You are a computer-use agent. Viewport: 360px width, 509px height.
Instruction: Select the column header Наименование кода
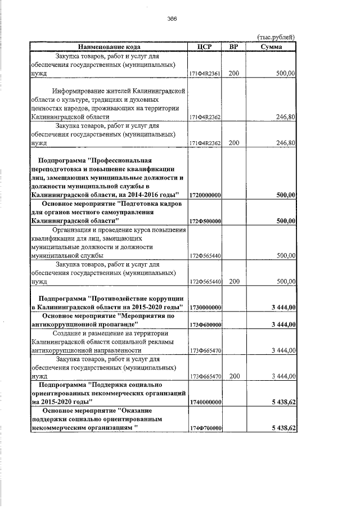[109, 47]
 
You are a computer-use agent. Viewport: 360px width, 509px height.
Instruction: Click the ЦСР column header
[205, 47]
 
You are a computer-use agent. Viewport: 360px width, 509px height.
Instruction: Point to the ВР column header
[234, 47]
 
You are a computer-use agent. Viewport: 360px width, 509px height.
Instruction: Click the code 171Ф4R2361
[205, 74]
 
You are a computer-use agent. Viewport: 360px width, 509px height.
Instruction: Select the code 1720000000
[205, 195]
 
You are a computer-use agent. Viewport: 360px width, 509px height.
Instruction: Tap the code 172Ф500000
[205, 222]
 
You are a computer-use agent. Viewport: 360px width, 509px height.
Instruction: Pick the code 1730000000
[205, 308]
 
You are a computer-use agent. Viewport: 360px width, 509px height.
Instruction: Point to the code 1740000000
[205, 403]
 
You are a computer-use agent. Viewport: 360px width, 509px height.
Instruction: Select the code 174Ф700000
[205, 429]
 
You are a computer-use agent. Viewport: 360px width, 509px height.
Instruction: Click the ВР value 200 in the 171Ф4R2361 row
[234, 74]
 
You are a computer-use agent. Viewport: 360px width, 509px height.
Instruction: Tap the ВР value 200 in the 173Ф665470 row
[234, 376]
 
